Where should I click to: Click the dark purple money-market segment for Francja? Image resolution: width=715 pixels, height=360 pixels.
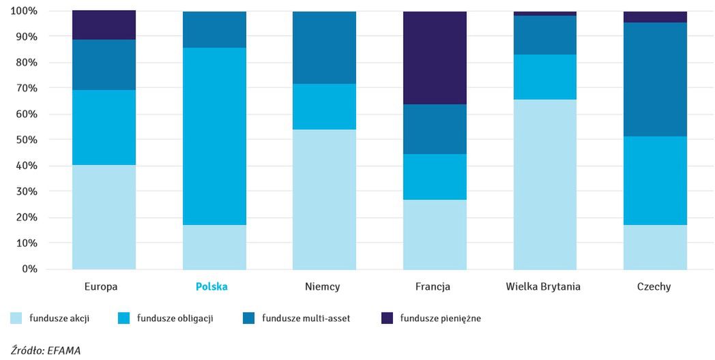(435, 58)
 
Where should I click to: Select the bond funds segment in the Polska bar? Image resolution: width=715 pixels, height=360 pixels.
(214, 136)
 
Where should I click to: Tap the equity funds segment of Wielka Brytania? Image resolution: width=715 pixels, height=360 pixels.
(545, 184)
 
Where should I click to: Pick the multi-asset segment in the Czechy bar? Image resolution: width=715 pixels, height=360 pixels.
(655, 79)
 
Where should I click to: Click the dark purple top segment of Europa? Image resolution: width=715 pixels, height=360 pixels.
(104, 25)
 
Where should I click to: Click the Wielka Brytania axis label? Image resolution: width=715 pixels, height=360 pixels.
(543, 287)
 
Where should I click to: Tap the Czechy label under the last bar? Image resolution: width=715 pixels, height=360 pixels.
(654, 287)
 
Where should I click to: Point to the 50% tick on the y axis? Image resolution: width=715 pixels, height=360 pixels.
(25, 140)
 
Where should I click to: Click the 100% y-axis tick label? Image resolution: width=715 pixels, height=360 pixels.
(23, 11)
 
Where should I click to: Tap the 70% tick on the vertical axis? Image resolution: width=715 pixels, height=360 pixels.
(25, 88)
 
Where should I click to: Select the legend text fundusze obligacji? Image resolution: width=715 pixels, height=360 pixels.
(175, 318)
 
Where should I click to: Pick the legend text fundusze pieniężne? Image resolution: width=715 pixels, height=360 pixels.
(441, 318)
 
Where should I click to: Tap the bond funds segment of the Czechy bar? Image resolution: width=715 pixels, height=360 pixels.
(655, 181)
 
